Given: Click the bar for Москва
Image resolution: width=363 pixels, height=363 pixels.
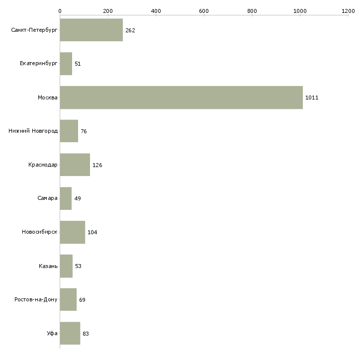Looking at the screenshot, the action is coord(181,97).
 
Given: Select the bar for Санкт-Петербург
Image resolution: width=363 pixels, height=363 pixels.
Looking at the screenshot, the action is coord(91,30).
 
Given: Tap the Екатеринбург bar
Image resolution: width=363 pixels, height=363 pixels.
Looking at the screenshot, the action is coord(66,64).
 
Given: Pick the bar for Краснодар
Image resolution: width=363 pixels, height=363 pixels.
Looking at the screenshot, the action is coord(75,165).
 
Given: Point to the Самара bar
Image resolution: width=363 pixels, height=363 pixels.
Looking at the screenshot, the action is coord(66,198).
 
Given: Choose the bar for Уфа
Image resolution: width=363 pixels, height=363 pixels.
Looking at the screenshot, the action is coord(70,333).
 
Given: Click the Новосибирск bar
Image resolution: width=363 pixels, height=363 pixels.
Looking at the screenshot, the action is coord(73,232).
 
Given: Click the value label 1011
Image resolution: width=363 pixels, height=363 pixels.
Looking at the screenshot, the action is coord(312,97).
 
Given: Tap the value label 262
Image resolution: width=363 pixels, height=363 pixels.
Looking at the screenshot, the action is coord(130,30).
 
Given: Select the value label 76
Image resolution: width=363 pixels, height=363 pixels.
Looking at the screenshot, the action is coord(84,131).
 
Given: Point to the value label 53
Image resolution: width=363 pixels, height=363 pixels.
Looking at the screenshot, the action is coord(78,266).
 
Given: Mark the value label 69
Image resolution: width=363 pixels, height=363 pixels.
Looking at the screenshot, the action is coord(82,300).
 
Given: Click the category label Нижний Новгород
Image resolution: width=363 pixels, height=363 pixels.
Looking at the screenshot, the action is coord(33,131).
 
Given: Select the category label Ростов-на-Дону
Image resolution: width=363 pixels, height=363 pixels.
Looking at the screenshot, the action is coord(36,299).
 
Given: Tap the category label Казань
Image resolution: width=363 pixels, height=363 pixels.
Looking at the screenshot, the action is coord(48,266).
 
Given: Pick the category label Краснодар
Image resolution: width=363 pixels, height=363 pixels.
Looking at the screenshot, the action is coord(43,165).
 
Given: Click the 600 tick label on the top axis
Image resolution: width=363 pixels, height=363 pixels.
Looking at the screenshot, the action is coord(204,11).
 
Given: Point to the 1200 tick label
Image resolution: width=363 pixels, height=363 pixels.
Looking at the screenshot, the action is coord(348,11).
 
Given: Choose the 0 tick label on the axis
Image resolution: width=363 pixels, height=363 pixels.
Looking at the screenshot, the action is coord(60,11).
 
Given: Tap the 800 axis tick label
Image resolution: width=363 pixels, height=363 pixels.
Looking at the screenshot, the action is coord(252,11).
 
